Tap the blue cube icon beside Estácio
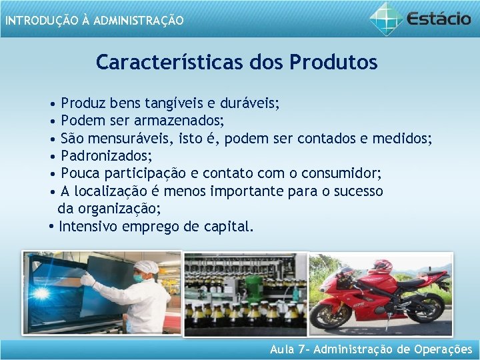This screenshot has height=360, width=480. [x=386, y=18]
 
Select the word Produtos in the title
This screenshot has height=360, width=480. [x=333, y=63]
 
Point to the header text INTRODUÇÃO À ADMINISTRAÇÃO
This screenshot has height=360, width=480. [x=94, y=21]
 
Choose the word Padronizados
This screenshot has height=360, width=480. [x=106, y=156]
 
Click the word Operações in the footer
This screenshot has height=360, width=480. [x=443, y=349]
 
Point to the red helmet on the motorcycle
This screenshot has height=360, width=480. [x=381, y=267]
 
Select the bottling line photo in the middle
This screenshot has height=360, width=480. [x=245, y=293]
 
